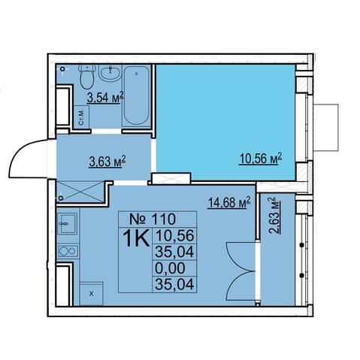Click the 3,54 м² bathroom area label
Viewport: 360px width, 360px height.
point(105,98)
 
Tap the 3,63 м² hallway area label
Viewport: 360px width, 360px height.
point(107,162)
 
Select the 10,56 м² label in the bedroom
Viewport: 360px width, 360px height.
point(261,159)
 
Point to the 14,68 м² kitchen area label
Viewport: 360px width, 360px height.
point(229,203)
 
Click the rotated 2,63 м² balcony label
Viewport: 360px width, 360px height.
point(274,216)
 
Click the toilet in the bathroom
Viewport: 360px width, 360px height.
point(87,76)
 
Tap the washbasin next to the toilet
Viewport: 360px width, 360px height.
point(110,73)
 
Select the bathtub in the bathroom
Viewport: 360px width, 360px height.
point(137,95)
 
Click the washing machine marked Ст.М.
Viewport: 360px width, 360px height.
point(82,117)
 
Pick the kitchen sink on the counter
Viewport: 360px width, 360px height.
point(68,224)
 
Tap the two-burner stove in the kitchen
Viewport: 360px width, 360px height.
point(68,250)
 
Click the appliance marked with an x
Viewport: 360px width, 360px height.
point(91,293)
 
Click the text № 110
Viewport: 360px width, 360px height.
point(153,219)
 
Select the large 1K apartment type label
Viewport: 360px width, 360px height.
point(136,239)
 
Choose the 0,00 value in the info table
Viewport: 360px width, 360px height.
point(170,268)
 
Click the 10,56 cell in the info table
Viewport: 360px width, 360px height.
point(175,236)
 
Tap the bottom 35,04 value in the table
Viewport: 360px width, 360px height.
point(174,284)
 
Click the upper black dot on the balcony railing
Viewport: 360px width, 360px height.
point(302,245)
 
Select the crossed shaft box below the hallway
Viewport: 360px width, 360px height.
point(80,192)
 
